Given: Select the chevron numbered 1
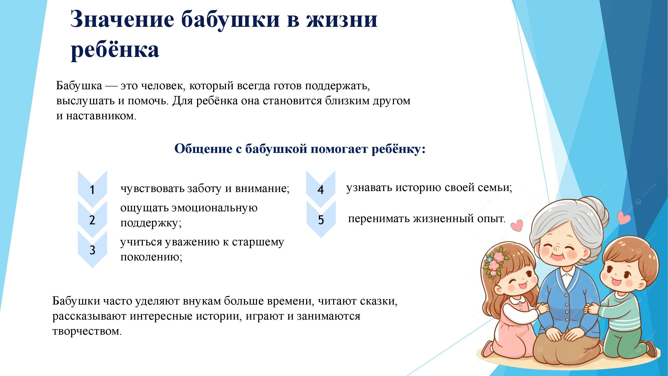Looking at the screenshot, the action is tap(92, 189).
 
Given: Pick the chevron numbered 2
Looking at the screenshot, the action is tap(92, 220).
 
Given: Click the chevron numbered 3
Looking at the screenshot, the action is tap(92, 250).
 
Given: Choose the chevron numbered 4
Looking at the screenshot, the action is tap(321, 189).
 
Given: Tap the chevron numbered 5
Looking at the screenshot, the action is tap(321, 220).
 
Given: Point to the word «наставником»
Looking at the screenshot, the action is tap(101, 116).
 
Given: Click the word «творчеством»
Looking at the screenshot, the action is tap(87, 331).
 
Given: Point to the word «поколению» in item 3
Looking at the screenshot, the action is tap(152, 257).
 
